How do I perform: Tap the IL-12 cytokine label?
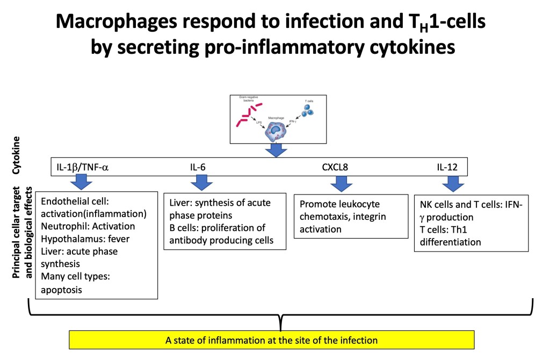[447, 167]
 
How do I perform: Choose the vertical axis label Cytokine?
[17, 155]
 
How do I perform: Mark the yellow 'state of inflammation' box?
[272, 340]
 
